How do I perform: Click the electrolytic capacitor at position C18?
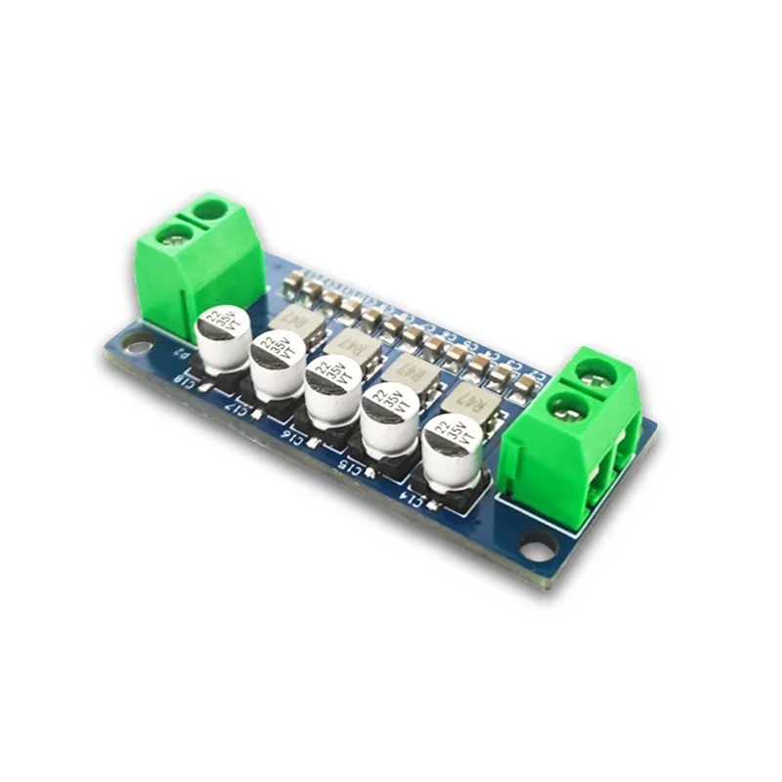(x=223, y=337)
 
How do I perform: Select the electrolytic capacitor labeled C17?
(x=278, y=364)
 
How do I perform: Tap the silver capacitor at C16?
(x=333, y=389)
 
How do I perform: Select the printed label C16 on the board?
(x=293, y=432)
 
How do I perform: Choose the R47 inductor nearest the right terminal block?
(x=466, y=399)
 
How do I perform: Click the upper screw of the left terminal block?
(x=208, y=208)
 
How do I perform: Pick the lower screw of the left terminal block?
(x=175, y=235)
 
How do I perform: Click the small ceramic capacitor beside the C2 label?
(x=525, y=382)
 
